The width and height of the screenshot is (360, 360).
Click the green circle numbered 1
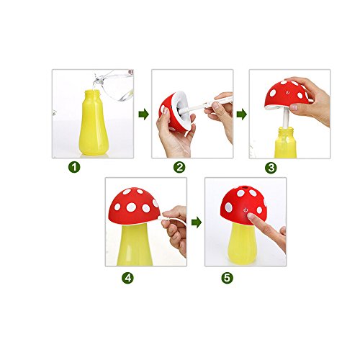[74, 167]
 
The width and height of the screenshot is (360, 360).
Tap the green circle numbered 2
[179, 167]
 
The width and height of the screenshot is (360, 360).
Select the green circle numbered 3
[271, 168]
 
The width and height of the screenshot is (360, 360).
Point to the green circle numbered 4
[127, 278]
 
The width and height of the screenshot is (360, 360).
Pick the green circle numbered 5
[227, 278]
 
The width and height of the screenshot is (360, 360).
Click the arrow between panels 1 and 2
[143, 114]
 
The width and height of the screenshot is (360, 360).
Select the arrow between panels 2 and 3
[241, 114]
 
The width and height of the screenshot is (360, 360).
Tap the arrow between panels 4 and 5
[197, 222]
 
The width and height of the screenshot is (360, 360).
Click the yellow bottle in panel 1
[94, 122]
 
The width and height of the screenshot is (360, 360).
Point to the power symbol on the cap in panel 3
[287, 92]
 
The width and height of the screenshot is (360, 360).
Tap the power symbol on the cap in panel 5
[246, 210]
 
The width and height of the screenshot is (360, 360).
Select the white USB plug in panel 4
[162, 218]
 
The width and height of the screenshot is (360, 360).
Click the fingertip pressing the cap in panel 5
[251, 217]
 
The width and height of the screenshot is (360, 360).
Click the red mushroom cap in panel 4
[134, 207]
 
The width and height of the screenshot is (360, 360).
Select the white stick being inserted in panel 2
[206, 104]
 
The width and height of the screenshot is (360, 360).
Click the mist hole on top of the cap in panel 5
[245, 186]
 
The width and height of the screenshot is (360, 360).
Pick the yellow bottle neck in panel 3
[286, 132]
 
